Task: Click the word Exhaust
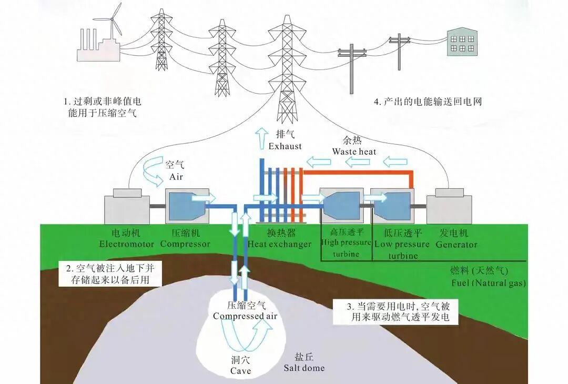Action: click(x=285, y=146)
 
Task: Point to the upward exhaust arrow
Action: click(x=261, y=138)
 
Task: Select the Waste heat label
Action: click(x=354, y=152)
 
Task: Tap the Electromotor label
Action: click(x=126, y=244)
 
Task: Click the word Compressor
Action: click(x=185, y=244)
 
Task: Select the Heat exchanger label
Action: click(x=279, y=245)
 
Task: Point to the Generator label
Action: click(x=456, y=245)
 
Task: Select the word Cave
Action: click(x=240, y=371)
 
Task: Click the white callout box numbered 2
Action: click(x=110, y=274)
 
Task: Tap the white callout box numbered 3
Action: click(x=395, y=311)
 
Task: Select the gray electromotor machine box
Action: click(x=127, y=207)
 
